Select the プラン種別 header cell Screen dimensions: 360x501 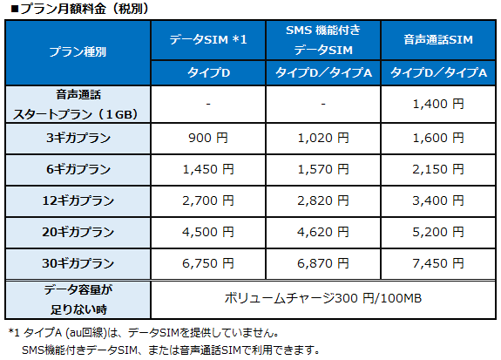pos(78,52)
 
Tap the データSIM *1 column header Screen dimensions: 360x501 pos(209,40)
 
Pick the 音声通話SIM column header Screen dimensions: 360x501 pos(438,40)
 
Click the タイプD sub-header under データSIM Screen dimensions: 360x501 pos(209,71)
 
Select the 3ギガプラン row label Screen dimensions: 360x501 pos(78,137)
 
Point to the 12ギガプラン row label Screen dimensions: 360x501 pos(78,200)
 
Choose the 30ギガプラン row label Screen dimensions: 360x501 pos(78,262)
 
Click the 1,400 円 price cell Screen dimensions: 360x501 pos(438,104)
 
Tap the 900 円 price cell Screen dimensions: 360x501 pos(209,137)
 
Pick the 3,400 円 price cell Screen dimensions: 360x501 pos(438,200)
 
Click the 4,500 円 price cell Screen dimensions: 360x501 pos(209,231)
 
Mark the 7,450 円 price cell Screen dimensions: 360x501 pos(438,262)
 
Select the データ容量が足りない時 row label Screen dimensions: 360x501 pos(78,298)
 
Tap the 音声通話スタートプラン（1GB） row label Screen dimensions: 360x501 pos(78,104)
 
